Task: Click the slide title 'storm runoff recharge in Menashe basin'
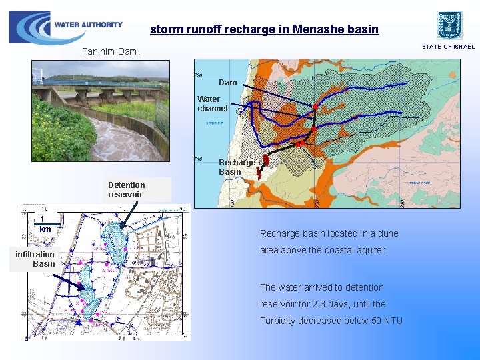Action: (264, 29)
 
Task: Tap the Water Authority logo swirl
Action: (29, 27)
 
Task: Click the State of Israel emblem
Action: (449, 25)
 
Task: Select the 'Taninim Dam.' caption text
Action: (111, 51)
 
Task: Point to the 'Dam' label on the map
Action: (227, 83)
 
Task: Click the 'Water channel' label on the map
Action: (212, 103)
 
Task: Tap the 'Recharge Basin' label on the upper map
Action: (237, 167)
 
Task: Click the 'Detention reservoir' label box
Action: (127, 189)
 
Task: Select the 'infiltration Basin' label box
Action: (36, 259)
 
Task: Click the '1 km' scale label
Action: (44, 224)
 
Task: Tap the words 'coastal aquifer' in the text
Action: (365, 250)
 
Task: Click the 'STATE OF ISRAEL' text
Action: (449, 47)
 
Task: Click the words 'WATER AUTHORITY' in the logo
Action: (89, 25)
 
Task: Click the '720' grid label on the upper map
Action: (199, 75)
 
